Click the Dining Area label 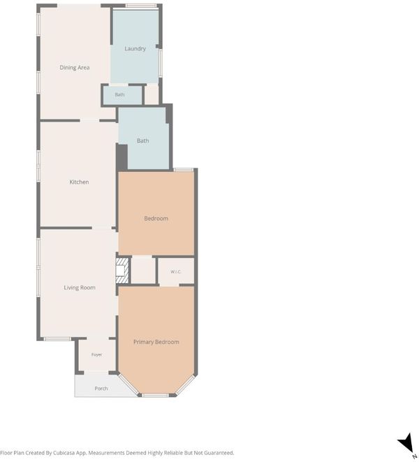pos(75,68)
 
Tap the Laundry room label pos(135,49)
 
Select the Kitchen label pos(79,182)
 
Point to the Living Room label pos(80,287)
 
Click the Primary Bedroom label pos(156,342)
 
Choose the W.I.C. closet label pos(176,272)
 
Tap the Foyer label pos(96,354)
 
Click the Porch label pos(101,389)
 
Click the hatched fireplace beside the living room pos(122,270)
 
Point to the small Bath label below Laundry pos(119,94)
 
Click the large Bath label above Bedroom pos(142,141)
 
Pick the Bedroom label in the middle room pos(156,218)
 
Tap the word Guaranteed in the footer pos(218,453)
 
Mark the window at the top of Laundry pos(141,6)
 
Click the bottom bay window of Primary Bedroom pos(156,395)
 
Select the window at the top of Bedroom pos(184,170)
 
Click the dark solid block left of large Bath pos(122,157)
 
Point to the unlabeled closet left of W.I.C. pos(143,270)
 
